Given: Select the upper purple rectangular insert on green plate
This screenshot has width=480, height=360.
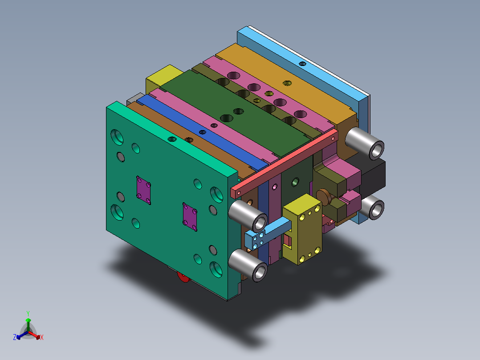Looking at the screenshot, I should [x=144, y=189].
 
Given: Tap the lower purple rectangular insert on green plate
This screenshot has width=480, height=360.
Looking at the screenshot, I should [x=190, y=216].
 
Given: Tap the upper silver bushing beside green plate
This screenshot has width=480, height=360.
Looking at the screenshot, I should [x=248, y=214].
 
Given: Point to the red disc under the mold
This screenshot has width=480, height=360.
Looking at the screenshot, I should [x=183, y=277].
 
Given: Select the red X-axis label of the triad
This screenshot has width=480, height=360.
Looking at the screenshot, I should [x=42, y=338].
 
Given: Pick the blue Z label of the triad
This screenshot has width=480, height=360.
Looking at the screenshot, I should [x=15, y=337].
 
